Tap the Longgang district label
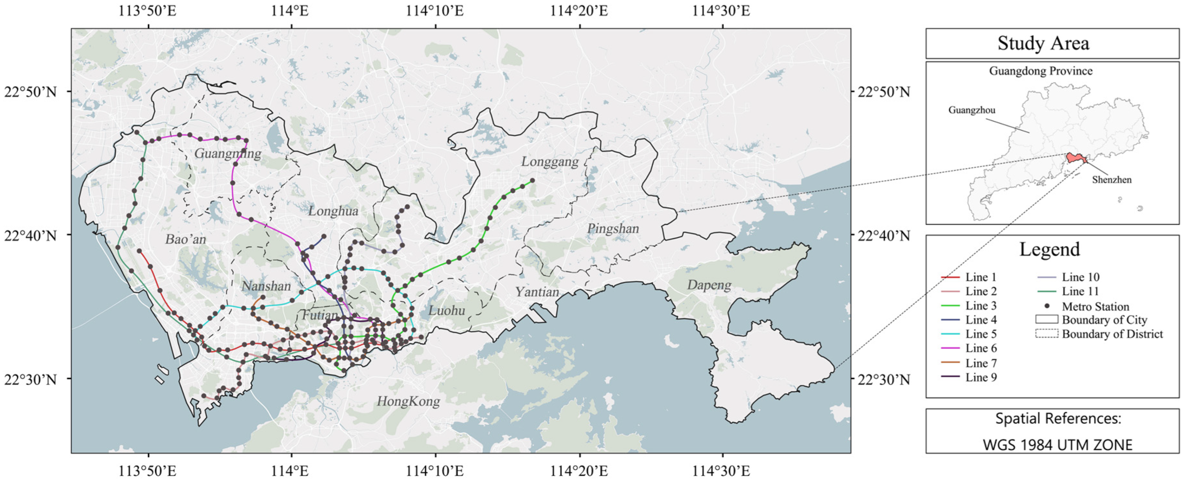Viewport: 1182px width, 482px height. pyautogui.click(x=550, y=162)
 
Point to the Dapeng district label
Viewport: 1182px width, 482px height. pyautogui.click(x=709, y=285)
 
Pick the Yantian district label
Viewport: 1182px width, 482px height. pyautogui.click(x=537, y=292)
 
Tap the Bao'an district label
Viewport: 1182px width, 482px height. pyautogui.click(x=185, y=239)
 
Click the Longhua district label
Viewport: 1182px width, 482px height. pyautogui.click(x=333, y=211)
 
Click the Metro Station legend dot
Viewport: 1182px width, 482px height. pyautogui.click(x=1047, y=306)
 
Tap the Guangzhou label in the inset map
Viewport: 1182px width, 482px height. pyautogui.click(x=971, y=110)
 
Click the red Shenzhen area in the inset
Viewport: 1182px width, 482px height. pyautogui.click(x=1075, y=158)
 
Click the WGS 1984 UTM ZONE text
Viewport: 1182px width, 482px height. pyautogui.click(x=1057, y=444)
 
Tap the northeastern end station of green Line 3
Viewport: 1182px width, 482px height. pyautogui.click(x=532, y=181)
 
